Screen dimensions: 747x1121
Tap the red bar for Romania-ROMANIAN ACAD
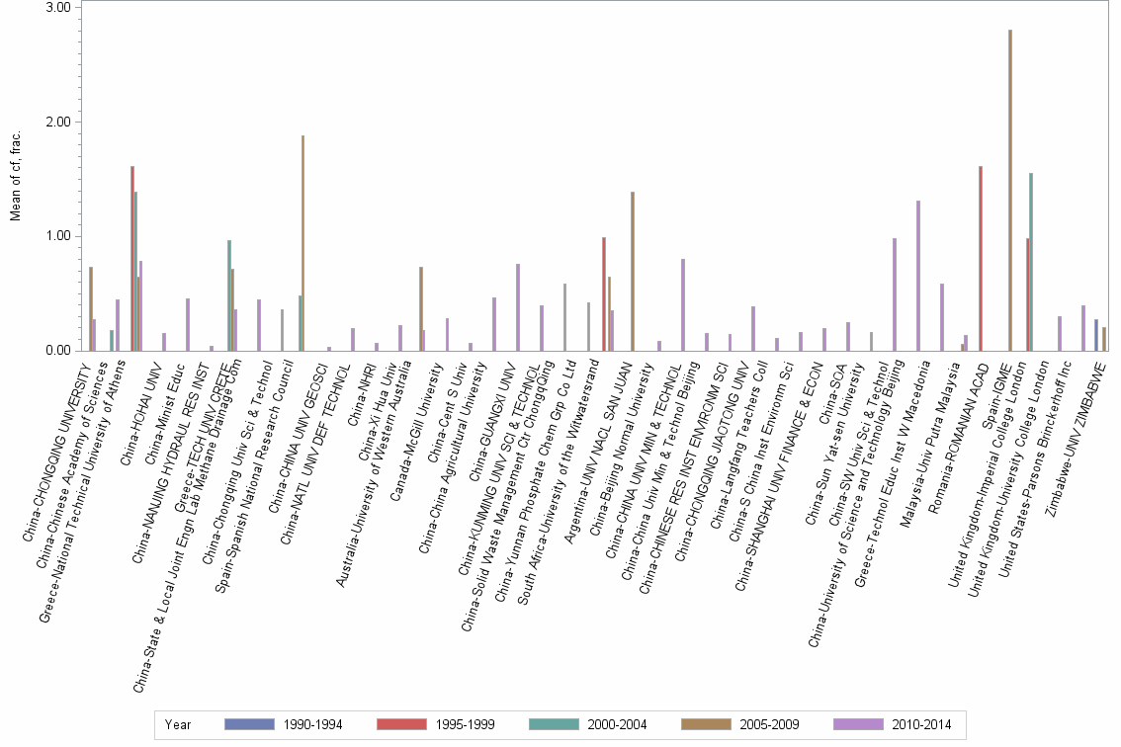(980, 258)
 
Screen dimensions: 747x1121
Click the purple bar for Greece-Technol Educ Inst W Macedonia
(917, 276)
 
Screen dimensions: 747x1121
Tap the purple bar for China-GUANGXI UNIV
(517, 307)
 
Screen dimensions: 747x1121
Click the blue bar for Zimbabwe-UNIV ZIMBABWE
(1096, 335)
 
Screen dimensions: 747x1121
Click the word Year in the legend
(178, 724)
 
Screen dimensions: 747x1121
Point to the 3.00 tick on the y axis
(58, 8)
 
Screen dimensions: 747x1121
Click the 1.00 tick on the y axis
(58, 236)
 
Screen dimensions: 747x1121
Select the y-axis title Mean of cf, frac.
(15, 178)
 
